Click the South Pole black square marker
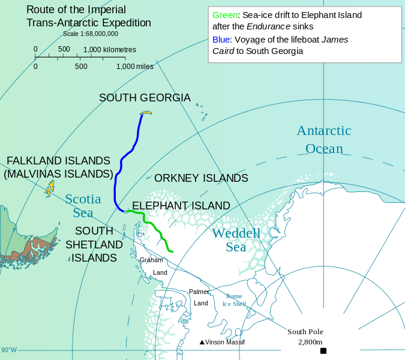point(323,350)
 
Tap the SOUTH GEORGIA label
point(145,98)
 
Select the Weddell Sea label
point(236,239)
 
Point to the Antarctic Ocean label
point(324,139)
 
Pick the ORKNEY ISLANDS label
point(201,178)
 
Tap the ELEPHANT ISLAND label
point(181,206)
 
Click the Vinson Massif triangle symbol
point(202,342)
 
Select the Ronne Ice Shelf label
point(235,300)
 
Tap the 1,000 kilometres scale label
point(110,49)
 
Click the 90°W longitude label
point(9,350)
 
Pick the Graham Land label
point(154,266)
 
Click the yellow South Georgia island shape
point(146,113)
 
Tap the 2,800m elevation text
point(310,341)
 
